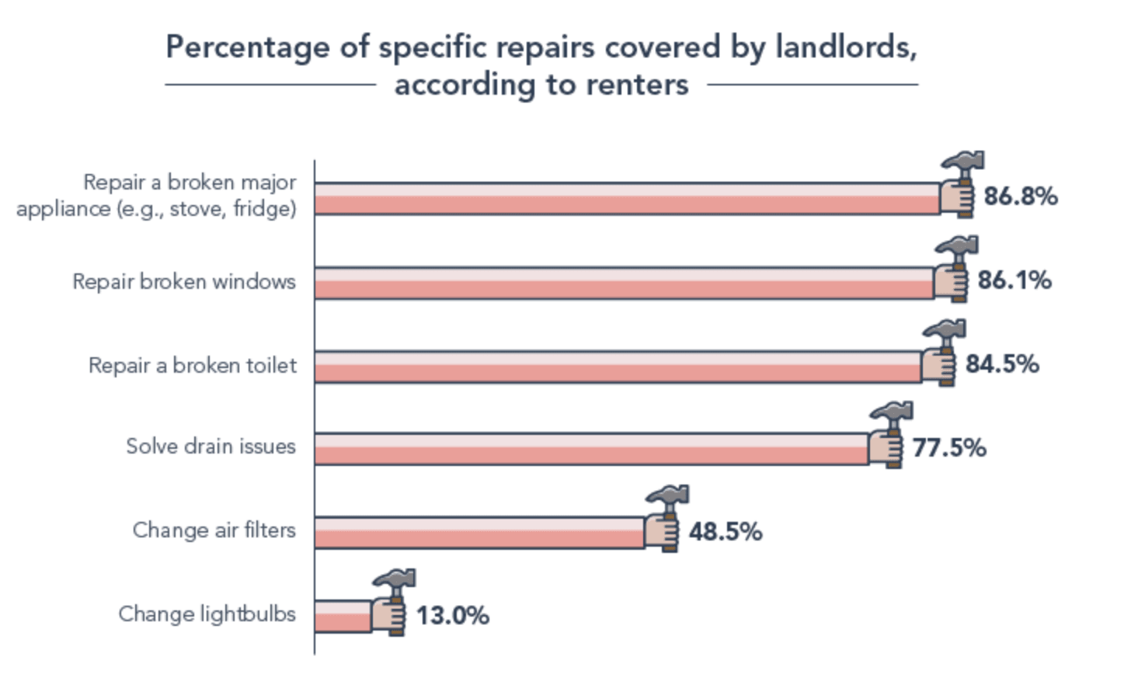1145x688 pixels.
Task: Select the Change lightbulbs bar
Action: [x=343, y=616]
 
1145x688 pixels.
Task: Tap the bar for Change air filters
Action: [x=479, y=532]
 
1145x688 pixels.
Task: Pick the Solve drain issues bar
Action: [x=591, y=449]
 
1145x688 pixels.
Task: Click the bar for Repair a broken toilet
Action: [x=618, y=367]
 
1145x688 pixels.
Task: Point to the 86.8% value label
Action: [x=1020, y=196]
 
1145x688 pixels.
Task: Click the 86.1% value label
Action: [x=1014, y=280]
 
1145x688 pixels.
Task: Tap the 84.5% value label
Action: [x=1001, y=364]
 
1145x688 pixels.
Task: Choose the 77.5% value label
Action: [x=948, y=448]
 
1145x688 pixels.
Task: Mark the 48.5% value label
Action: [x=725, y=532]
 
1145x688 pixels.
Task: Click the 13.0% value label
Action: [x=452, y=616]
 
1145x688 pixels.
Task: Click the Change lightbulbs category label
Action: [x=207, y=614]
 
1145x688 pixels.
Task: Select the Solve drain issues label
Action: [x=211, y=447]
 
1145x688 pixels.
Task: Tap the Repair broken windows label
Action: [x=184, y=281]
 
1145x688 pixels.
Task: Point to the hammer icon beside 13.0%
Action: [x=393, y=602]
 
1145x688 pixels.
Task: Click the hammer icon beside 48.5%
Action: [x=666, y=518]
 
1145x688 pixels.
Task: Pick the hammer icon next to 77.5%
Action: [x=890, y=434]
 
